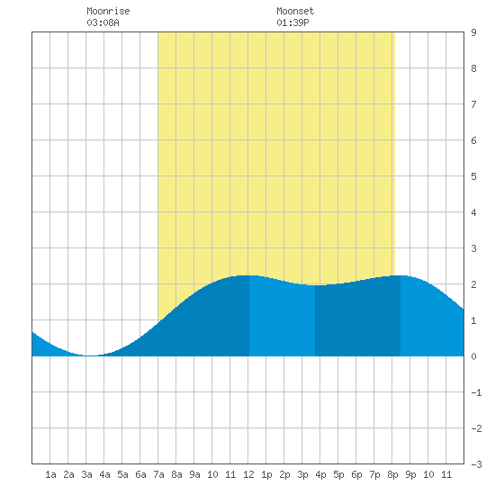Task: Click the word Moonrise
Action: click(108, 11)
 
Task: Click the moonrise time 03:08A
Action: click(103, 22)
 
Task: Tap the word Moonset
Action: click(295, 11)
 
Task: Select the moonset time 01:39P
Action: click(292, 22)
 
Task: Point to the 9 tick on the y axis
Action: click(473, 32)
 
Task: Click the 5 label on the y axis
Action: click(473, 176)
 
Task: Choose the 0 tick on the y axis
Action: click(473, 356)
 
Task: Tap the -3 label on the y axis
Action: click(476, 464)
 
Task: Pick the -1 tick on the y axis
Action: click(476, 392)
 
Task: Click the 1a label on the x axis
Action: click(50, 474)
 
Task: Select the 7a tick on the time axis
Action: click(158, 474)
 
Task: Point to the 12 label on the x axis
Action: click(248, 474)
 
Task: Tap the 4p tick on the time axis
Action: click(320, 474)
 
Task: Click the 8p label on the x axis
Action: click(392, 474)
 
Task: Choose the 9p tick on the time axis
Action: click(410, 474)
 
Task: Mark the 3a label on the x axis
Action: click(86, 474)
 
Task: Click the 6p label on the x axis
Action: click(356, 474)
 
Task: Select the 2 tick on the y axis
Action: click(473, 284)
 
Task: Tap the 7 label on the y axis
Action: click(473, 104)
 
